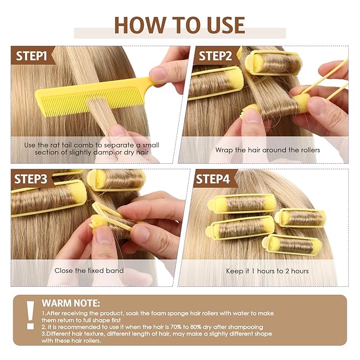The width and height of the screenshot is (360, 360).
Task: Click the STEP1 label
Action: click(x=31, y=56)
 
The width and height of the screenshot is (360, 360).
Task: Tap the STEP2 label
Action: click(x=215, y=56)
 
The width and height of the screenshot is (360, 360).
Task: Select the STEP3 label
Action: click(x=31, y=179)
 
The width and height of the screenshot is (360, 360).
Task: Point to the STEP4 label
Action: click(x=213, y=179)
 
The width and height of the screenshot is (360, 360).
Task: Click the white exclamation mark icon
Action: click(x=30, y=315)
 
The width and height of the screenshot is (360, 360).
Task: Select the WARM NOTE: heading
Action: click(x=71, y=303)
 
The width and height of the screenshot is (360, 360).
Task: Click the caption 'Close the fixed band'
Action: click(x=89, y=270)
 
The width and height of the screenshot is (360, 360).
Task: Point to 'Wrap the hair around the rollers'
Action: click(x=267, y=150)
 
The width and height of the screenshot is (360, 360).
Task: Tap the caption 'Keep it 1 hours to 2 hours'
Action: click(x=267, y=271)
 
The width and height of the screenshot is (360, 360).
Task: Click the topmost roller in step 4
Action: click(x=242, y=204)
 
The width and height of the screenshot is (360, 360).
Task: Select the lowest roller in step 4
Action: click(x=292, y=244)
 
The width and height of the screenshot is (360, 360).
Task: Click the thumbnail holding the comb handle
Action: click(x=158, y=74)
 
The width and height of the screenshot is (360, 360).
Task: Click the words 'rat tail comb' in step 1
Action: click(x=72, y=145)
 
